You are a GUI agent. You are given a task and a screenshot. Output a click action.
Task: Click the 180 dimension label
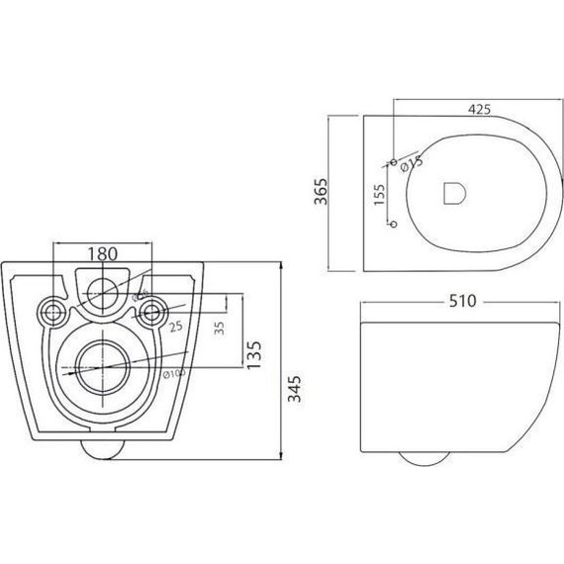pyautogui.click(x=102, y=254)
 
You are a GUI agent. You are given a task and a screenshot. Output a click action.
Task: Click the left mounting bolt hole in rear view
pyautogui.click(x=52, y=312)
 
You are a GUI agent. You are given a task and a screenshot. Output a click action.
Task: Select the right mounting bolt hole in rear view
pyautogui.click(x=151, y=312)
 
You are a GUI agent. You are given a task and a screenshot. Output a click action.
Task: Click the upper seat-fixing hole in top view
pyautogui.click(x=393, y=161)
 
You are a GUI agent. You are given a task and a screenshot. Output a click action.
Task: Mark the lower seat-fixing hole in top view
pyautogui.click(x=393, y=225)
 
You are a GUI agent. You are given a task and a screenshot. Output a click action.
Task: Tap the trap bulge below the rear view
pyautogui.click(x=102, y=450)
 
